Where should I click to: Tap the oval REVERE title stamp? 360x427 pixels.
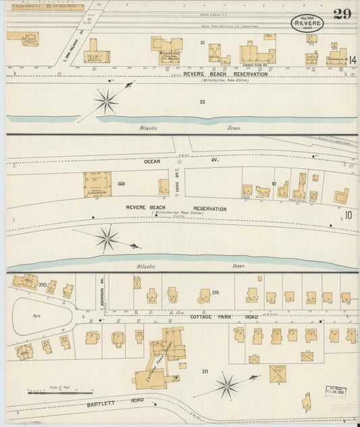point(307,24)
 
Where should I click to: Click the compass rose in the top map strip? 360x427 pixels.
point(106,101)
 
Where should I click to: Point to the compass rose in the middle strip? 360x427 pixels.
point(107,238)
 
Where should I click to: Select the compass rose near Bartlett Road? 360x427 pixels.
point(226,386)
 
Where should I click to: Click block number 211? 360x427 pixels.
point(205,372)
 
